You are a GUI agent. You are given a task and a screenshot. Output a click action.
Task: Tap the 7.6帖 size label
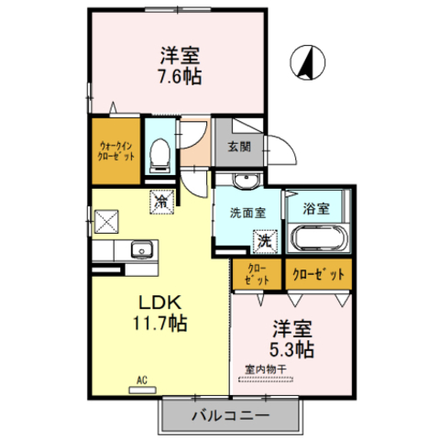(179, 76)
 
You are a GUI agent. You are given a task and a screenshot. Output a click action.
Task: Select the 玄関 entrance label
(239, 146)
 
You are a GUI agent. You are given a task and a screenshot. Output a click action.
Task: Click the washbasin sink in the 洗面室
(243, 181)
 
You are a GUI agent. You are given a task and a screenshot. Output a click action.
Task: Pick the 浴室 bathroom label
(317, 208)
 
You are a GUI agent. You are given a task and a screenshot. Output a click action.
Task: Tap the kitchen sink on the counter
(141, 249)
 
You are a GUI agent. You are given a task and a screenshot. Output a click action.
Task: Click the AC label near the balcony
(142, 378)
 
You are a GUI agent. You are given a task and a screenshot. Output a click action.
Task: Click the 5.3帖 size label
(292, 348)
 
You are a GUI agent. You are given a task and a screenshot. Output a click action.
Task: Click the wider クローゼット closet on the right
(318, 274)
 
